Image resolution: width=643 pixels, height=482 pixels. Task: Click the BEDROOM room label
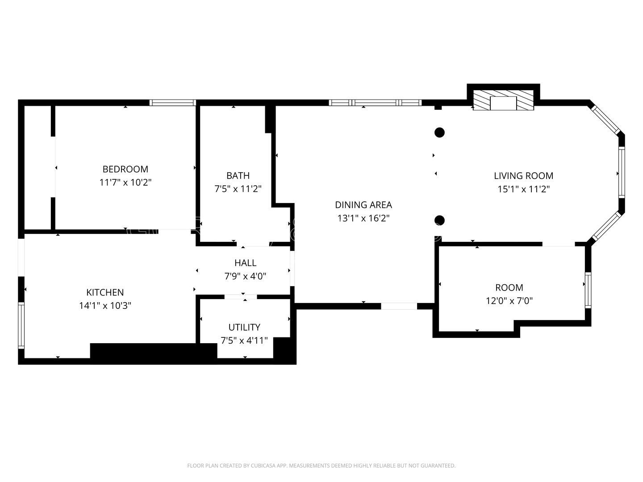tap(125, 169)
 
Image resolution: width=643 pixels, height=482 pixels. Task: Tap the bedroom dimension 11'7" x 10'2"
tap(125, 183)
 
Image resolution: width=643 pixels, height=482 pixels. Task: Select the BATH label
tap(238, 176)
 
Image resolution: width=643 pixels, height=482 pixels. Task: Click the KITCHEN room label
tap(105, 292)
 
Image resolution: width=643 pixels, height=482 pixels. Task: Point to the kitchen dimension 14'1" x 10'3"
tap(105, 306)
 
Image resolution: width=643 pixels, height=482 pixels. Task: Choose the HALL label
tap(245, 263)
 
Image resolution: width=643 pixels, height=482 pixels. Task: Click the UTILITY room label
tap(244, 327)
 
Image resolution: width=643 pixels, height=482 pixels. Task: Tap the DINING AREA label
tap(363, 205)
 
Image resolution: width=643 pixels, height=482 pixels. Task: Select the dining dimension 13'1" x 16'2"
tap(363, 218)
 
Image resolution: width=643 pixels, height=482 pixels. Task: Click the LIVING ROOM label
tap(523, 176)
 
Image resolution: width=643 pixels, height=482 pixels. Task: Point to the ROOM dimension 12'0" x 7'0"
tap(509, 301)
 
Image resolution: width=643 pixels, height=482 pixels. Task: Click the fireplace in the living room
tap(503, 102)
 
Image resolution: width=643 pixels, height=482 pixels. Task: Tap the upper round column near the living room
tap(439, 132)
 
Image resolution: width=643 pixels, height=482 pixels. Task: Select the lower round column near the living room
tap(439, 220)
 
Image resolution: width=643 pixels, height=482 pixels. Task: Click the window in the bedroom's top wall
tap(173, 103)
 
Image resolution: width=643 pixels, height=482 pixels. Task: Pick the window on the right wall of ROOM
tap(588, 290)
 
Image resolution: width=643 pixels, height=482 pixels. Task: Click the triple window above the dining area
tap(375, 103)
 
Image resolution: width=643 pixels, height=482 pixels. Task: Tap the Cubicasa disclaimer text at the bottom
tap(321, 465)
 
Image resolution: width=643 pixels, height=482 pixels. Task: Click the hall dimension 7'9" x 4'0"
tap(245, 276)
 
